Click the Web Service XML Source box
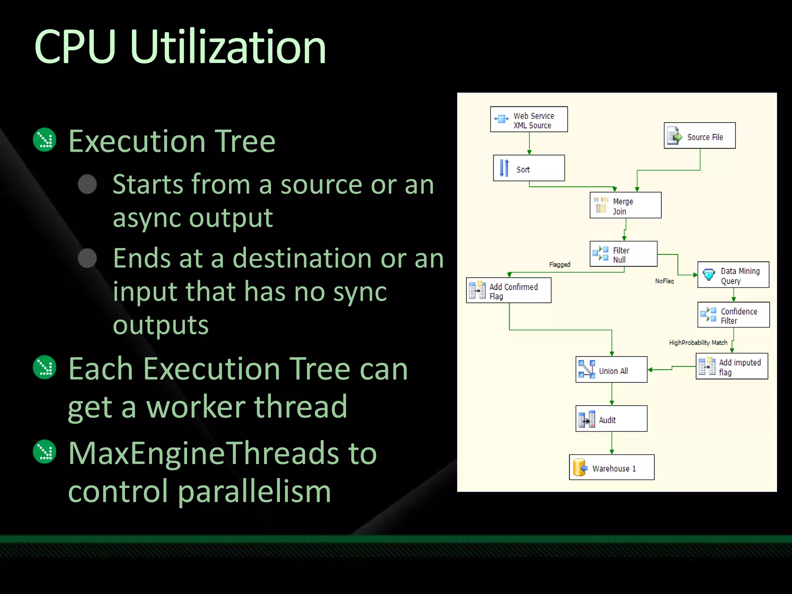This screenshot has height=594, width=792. click(529, 119)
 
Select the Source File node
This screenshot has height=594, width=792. click(700, 136)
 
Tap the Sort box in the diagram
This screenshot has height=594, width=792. click(529, 168)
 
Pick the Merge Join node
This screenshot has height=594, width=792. click(625, 205)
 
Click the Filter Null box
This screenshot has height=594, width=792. click(623, 254)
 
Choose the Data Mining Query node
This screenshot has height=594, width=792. click(733, 275)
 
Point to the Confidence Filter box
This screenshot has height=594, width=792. click(734, 315)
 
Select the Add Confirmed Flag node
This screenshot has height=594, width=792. click(509, 290)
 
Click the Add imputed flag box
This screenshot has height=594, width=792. click(732, 366)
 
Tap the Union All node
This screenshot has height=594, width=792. click(611, 370)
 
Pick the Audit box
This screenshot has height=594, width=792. click(611, 419)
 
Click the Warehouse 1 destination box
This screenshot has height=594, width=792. click(612, 468)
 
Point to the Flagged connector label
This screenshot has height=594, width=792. click(560, 265)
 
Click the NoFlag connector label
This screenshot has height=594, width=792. click(664, 281)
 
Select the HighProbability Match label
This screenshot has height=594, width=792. click(698, 343)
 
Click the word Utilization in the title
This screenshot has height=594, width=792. click(228, 47)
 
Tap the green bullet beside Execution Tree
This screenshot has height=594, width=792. click(45, 140)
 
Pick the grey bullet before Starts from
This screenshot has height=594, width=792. click(87, 184)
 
